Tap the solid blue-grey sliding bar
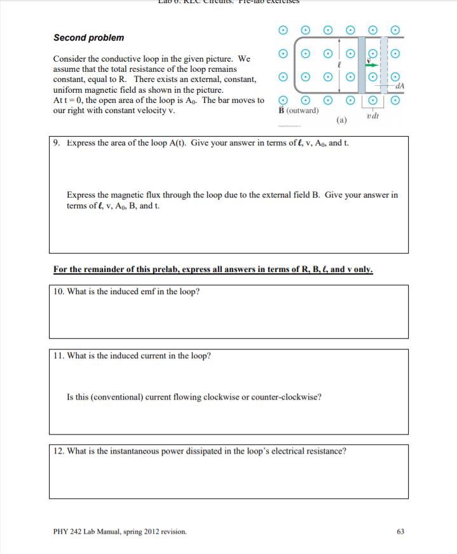click(x=361, y=64)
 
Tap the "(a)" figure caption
click(x=341, y=119)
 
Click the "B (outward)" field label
click(x=299, y=110)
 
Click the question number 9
click(x=57, y=142)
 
